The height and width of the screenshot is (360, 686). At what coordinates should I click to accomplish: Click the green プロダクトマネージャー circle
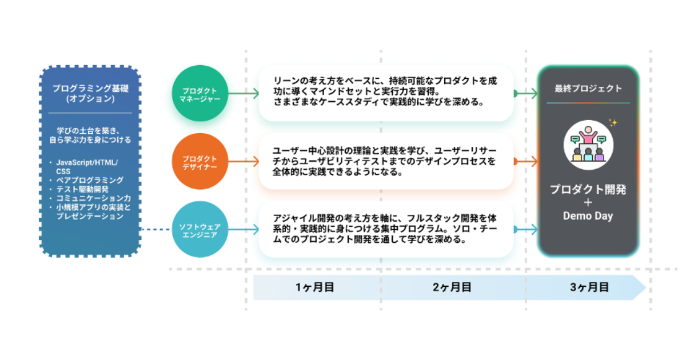click(x=200, y=93)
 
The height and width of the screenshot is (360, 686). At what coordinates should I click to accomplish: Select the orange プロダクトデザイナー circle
click(x=200, y=161)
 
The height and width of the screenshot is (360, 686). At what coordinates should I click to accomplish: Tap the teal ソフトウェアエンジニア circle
click(x=200, y=229)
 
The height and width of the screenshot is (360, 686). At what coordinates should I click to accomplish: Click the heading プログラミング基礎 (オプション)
click(x=90, y=93)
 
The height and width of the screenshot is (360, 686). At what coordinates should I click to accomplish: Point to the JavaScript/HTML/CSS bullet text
click(x=87, y=167)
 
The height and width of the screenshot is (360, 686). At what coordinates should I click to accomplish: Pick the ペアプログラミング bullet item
click(x=90, y=180)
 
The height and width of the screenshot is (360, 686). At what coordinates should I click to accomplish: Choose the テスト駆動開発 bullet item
click(x=82, y=189)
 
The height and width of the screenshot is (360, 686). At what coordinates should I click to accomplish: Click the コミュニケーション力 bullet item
click(x=93, y=198)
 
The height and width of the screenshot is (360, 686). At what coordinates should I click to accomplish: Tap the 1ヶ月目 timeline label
click(x=314, y=287)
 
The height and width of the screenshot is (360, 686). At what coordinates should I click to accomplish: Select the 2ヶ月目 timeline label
click(x=452, y=287)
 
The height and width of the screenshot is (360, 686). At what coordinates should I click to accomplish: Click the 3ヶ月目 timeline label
click(x=589, y=287)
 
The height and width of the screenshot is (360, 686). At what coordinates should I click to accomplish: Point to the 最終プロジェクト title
click(x=588, y=89)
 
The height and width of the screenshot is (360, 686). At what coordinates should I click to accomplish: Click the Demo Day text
click(x=588, y=216)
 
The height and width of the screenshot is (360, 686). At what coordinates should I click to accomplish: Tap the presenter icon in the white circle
click(x=588, y=145)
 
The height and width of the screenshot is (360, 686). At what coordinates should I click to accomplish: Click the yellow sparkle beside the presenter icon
click(x=613, y=123)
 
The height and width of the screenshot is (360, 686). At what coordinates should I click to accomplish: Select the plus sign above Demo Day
click(x=588, y=203)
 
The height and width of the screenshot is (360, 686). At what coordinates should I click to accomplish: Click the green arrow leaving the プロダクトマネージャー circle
click(x=244, y=93)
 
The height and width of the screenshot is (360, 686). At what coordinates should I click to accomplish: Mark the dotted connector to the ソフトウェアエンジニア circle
click(x=156, y=229)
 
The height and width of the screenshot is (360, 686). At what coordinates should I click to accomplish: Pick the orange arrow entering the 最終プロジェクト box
click(x=526, y=161)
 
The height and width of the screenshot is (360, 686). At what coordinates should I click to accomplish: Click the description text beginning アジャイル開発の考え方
click(x=385, y=229)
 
